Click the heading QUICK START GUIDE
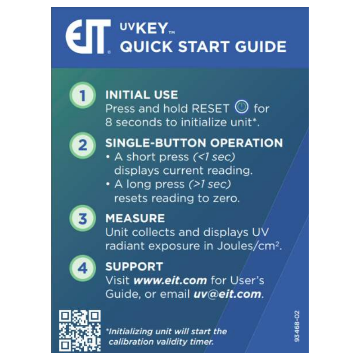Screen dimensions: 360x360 coord(202,47)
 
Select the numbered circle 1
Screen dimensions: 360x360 coord(82,95)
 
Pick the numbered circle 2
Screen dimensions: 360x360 coord(82,145)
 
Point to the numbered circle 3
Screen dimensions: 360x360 coord(82,219)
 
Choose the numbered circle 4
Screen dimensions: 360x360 coord(82,268)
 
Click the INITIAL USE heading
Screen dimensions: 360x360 coord(141,95)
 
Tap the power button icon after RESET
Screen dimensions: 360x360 coord(242,108)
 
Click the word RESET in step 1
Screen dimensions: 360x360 coord(211,109)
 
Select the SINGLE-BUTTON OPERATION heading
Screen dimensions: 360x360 coord(194,143)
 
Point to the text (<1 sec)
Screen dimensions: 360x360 coord(214,157)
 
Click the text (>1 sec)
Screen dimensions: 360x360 coord(210,184)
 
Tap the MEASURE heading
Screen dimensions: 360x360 coord(135,219)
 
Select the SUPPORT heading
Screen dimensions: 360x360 coord(134,266)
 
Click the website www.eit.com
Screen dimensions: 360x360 coord(170,280)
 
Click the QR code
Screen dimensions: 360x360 coord(80,330)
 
